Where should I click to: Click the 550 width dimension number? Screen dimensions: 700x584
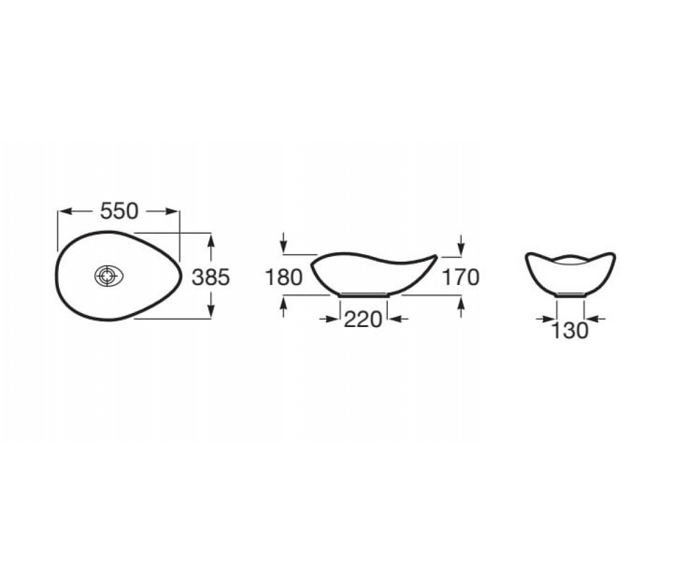pyautogui.click(x=119, y=211)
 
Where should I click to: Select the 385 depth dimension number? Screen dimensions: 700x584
pyautogui.click(x=211, y=277)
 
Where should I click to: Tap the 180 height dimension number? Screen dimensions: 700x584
pyautogui.click(x=283, y=277)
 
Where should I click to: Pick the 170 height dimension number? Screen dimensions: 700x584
pyautogui.click(x=461, y=277)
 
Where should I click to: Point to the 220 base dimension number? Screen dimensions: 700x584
pyautogui.click(x=363, y=319)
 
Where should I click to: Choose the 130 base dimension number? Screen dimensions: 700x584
pyautogui.click(x=569, y=331)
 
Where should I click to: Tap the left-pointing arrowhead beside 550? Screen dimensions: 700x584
pyautogui.click(x=66, y=211)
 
